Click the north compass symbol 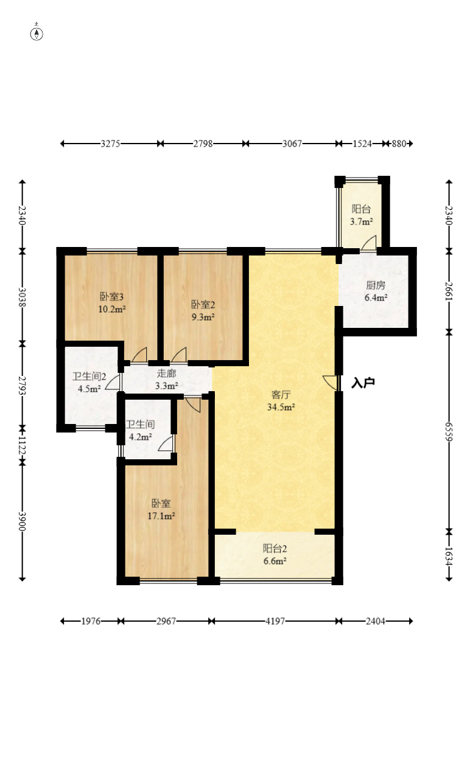tap(37, 33)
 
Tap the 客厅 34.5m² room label tap(281, 401)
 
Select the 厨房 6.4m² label tap(376, 291)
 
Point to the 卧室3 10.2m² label tap(112, 303)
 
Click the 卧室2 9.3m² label tap(203, 311)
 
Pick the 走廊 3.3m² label tap(167, 380)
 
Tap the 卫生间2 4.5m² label tap(89, 383)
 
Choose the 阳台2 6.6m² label tap(275, 554)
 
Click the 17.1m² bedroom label tap(161, 510)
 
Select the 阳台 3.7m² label tap(362, 215)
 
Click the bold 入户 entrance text tap(363, 383)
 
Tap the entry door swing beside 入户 tap(330, 383)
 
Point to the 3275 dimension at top tap(110, 144)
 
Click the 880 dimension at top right tap(399, 144)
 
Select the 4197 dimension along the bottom tap(275, 621)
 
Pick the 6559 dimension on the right tap(449, 431)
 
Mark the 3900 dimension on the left tap(22, 521)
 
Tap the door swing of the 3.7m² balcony tap(369, 243)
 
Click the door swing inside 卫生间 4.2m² tap(166, 444)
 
